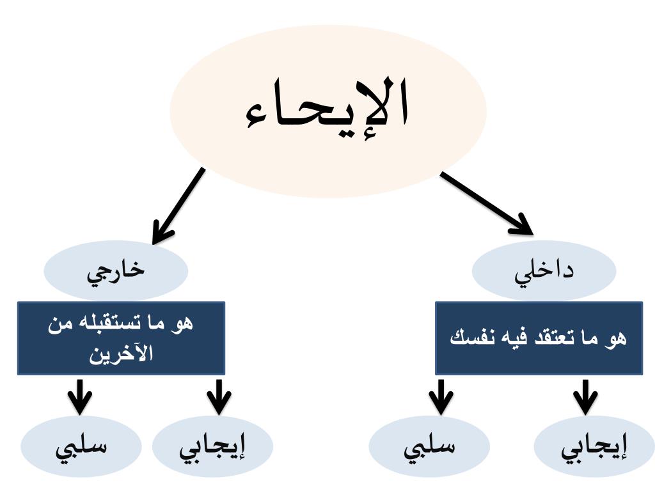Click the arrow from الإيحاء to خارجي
coord(179,205)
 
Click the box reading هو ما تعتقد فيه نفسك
coord(539,338)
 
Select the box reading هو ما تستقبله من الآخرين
coord(121,338)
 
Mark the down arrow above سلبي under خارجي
coord(80,396)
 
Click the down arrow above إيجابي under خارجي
coord(219,396)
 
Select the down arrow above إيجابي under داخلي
coord(585,396)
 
